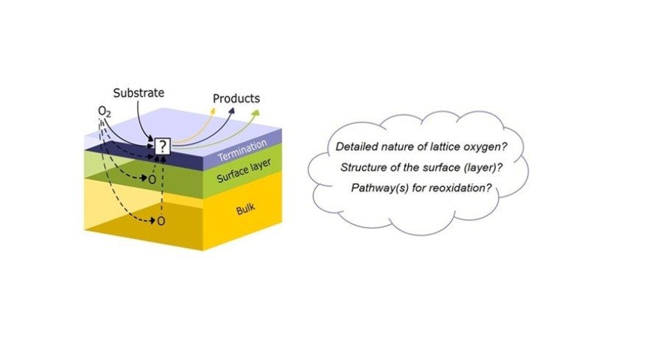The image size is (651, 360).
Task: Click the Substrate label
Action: (138, 93)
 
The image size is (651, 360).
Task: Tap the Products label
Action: (236, 99)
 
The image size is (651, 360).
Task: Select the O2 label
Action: (105, 112)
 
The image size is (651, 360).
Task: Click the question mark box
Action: (163, 147)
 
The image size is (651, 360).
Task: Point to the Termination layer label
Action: (242, 151)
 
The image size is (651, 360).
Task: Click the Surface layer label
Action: (244, 171)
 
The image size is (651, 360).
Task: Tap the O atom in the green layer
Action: (152, 180)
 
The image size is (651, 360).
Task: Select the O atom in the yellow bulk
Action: (161, 221)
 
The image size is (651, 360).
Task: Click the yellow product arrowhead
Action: (214, 110)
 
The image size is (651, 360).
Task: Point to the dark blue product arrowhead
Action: (232, 111)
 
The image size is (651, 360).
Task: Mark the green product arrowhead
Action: (256, 113)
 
